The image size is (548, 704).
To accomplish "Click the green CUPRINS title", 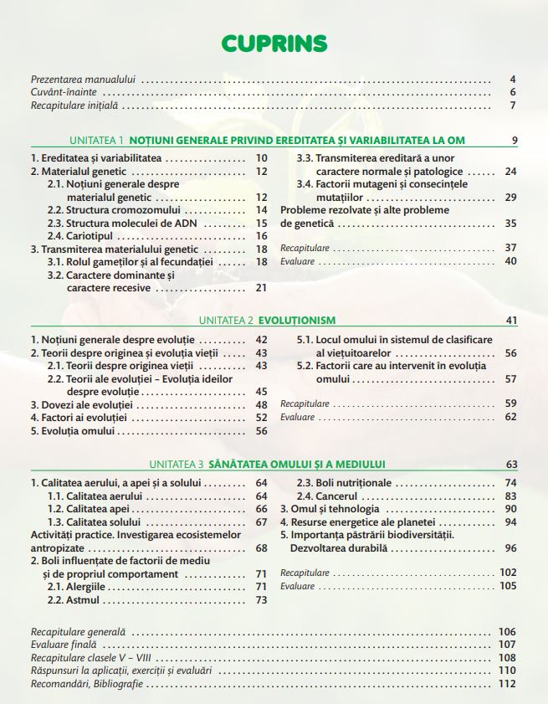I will [x=274, y=43].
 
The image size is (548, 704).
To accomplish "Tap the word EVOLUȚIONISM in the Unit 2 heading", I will [x=297, y=320].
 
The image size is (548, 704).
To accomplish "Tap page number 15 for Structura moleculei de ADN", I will [x=261, y=224].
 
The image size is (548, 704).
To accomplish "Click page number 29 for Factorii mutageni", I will [x=510, y=198].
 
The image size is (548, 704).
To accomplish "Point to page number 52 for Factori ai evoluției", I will [x=261, y=418].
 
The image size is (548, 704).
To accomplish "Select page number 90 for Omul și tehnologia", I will [x=510, y=509].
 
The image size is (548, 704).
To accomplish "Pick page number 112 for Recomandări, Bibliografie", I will [x=507, y=684].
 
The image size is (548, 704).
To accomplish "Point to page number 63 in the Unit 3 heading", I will [x=511, y=465].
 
